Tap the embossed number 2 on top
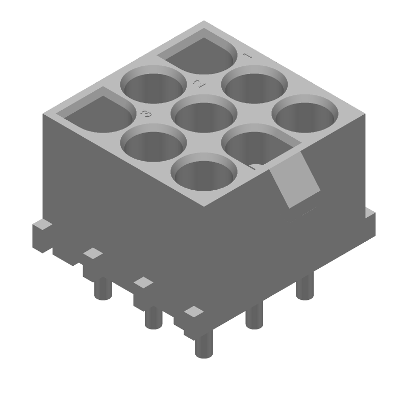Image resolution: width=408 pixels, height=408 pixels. (198, 84)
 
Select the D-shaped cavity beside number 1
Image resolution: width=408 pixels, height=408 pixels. (201, 55)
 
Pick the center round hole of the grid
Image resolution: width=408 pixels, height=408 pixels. (204, 116)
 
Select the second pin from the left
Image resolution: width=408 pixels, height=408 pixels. (153, 318)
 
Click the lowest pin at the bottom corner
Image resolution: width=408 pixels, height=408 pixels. (203, 345)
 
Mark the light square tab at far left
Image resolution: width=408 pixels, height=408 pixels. (93, 253)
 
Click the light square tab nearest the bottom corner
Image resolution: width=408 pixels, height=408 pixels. (194, 311)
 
